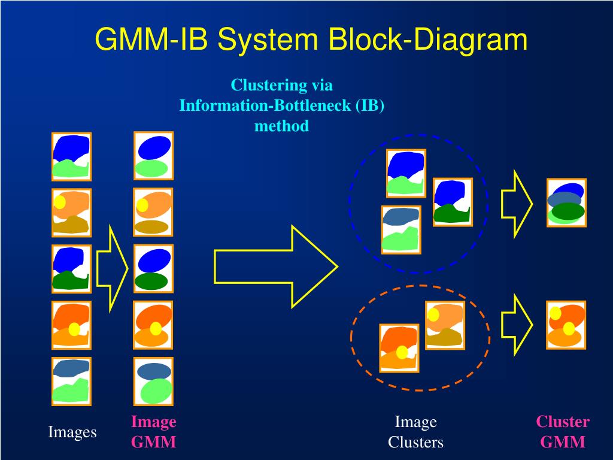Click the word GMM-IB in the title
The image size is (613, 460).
point(152,40)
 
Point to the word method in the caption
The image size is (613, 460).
point(281,126)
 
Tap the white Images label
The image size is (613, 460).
point(72,432)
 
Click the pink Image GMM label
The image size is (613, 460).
point(154,432)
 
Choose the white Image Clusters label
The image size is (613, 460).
point(415,432)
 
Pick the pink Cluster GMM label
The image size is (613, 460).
point(563,432)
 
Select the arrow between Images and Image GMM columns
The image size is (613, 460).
point(112,268)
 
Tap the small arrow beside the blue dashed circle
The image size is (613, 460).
point(517,204)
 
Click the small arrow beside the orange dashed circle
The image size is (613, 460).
point(517,324)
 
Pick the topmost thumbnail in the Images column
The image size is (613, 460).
point(71,156)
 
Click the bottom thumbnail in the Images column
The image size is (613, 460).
point(71,382)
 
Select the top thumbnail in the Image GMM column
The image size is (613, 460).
point(153,156)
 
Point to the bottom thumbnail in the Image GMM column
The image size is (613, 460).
point(153,382)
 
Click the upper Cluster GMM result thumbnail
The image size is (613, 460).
point(566,202)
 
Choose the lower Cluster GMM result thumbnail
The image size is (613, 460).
point(566,325)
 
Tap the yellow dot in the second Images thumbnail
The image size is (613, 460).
point(60,202)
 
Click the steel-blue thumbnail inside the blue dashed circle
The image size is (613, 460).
point(401,229)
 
